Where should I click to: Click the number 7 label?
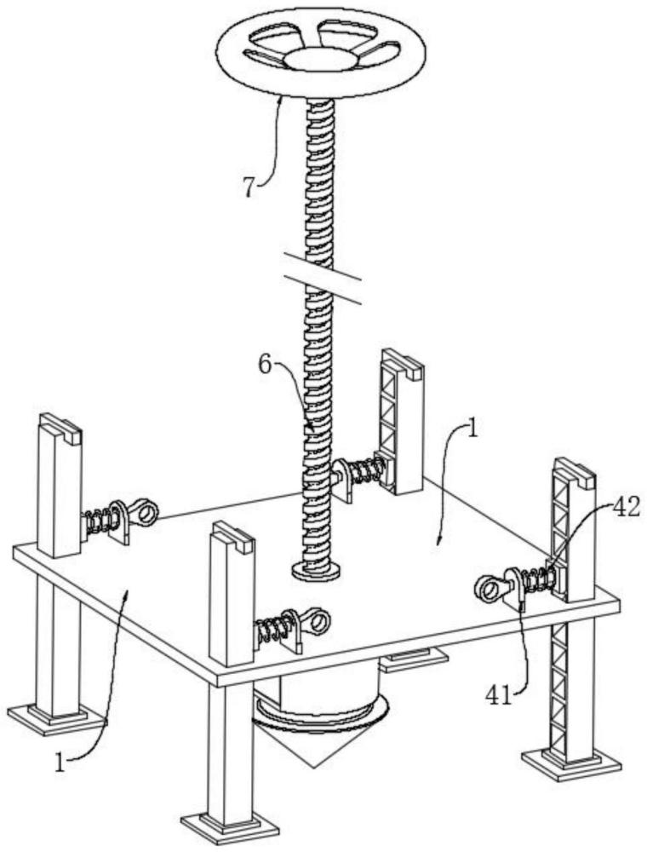(x=248, y=187)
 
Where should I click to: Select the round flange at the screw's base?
(x=316, y=570)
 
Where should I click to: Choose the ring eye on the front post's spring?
(x=318, y=620)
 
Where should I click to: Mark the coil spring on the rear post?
(x=366, y=469)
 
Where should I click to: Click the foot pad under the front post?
(x=230, y=826)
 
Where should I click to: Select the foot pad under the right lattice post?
(x=570, y=761)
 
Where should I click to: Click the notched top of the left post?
(x=60, y=425)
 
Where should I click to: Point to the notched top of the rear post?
(x=402, y=361)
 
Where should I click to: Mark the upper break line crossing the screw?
(x=323, y=264)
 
